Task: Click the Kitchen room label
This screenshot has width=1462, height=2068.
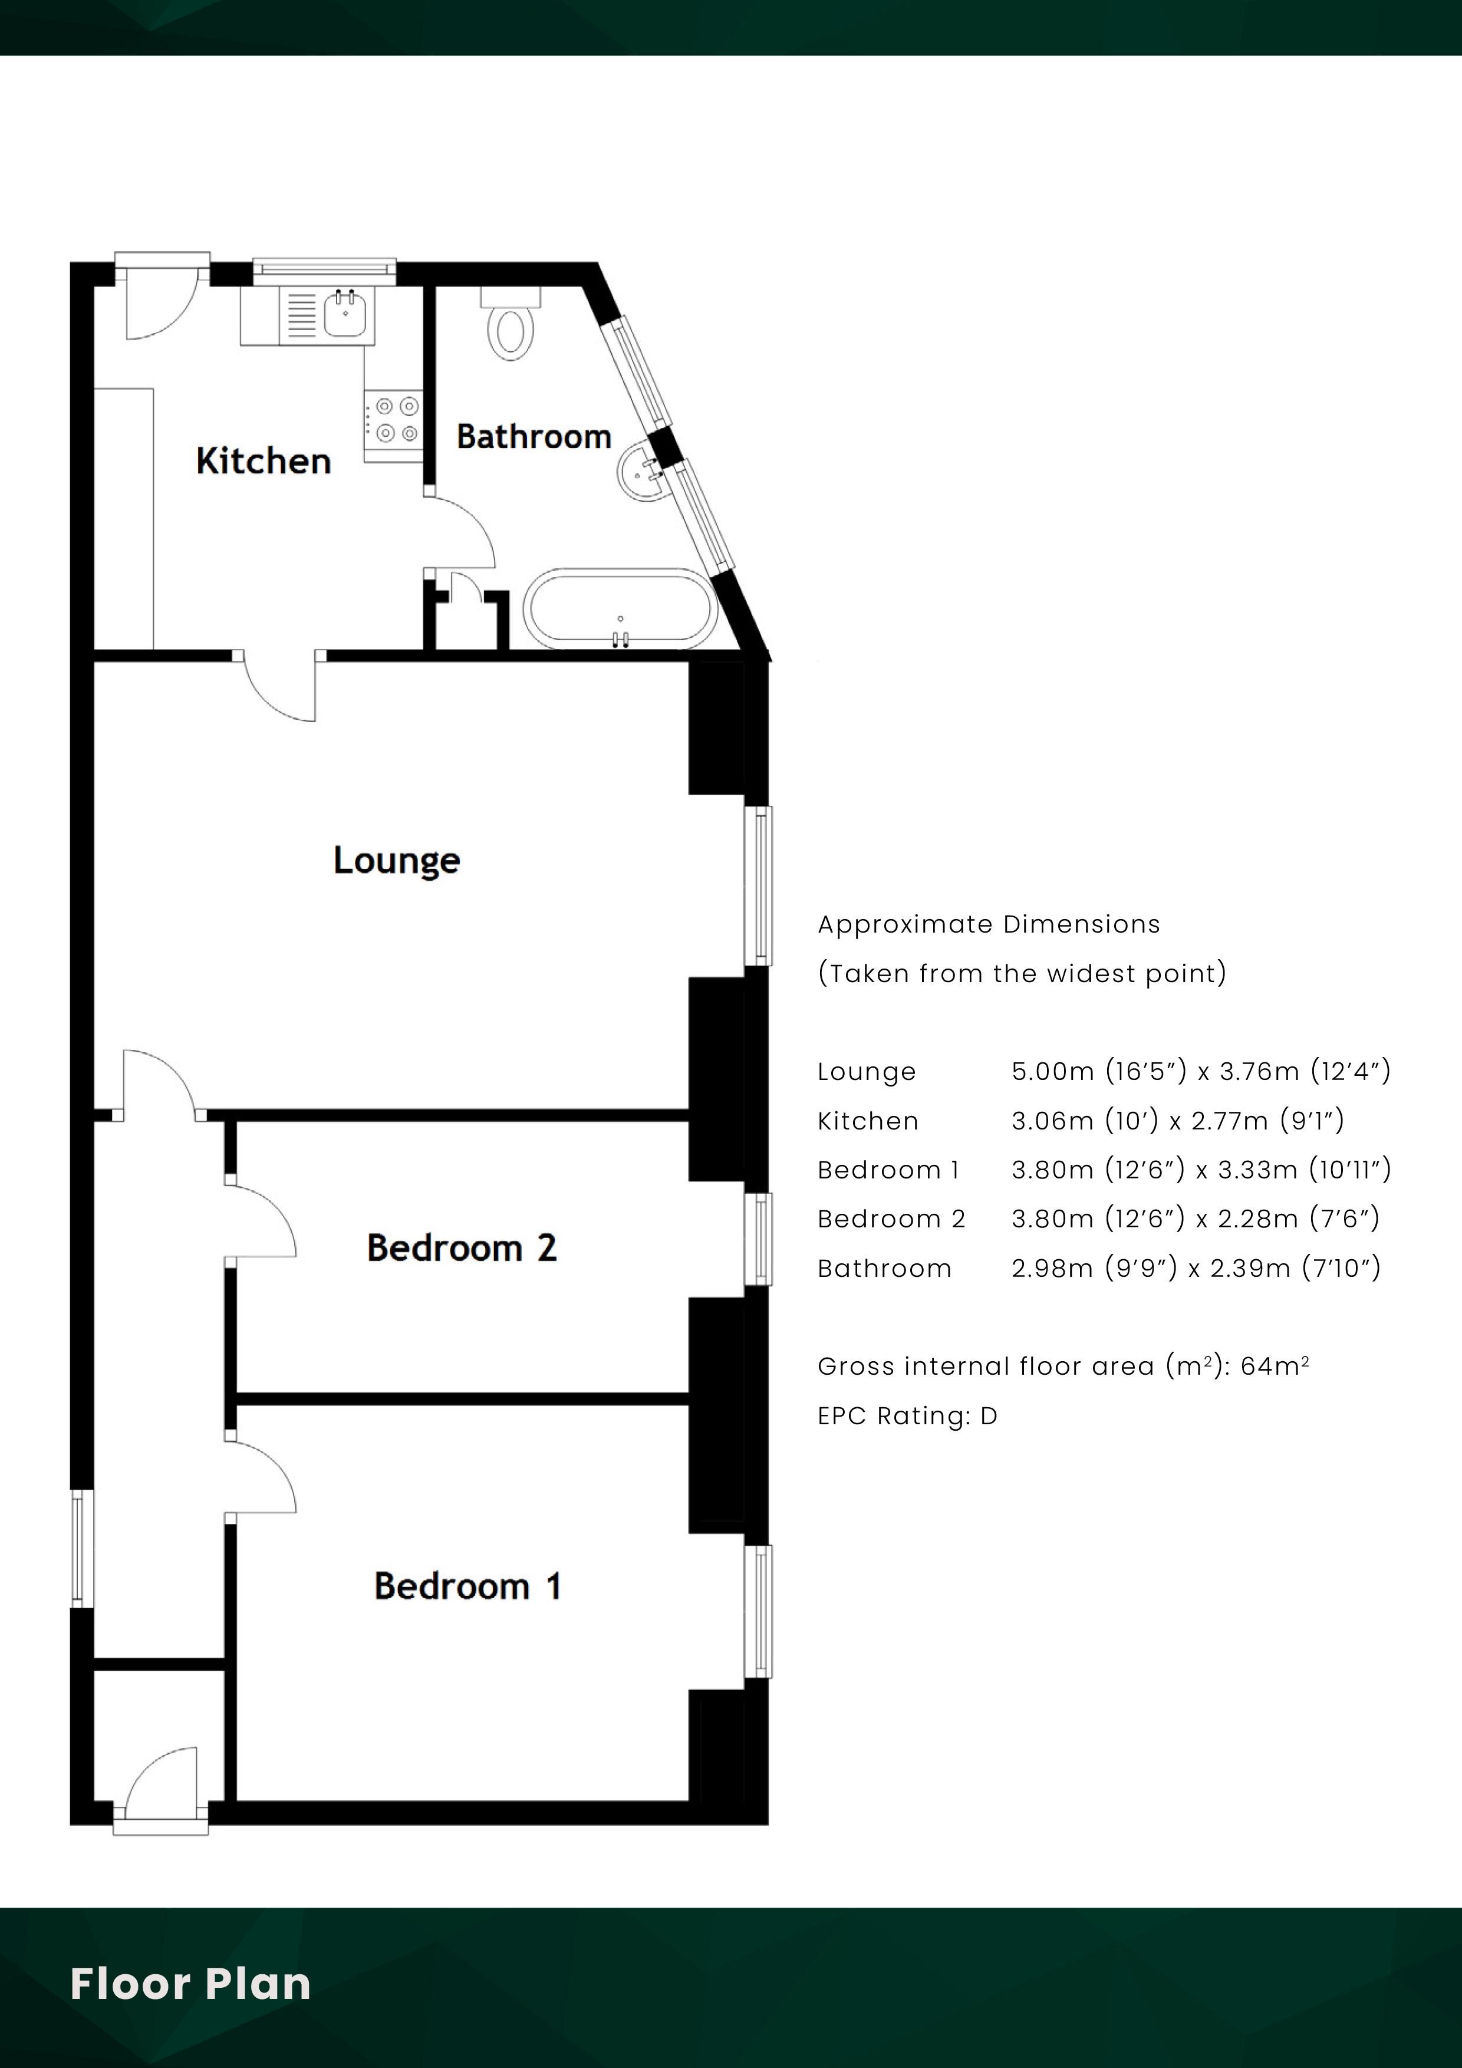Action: pyautogui.click(x=263, y=461)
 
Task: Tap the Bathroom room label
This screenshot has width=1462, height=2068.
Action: pyautogui.click(x=534, y=437)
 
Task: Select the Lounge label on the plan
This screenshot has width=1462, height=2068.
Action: pyautogui.click(x=396, y=860)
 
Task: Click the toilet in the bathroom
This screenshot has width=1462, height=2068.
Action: pyautogui.click(x=511, y=324)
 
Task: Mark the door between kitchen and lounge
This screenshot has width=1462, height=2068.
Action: pyautogui.click(x=280, y=686)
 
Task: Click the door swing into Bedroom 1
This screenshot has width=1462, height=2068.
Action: pyautogui.click(x=261, y=1477)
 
